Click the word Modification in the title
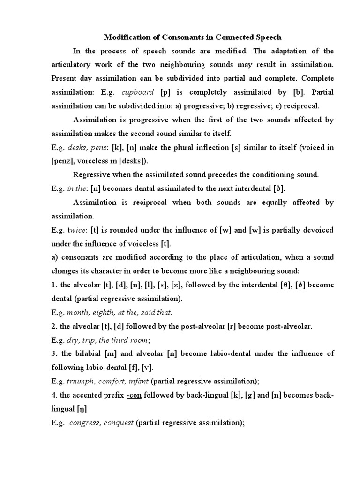tap(127, 37)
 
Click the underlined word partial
tap(235, 78)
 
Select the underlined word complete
tap(279, 78)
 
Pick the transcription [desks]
tap(133, 161)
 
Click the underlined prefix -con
tap(134, 396)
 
